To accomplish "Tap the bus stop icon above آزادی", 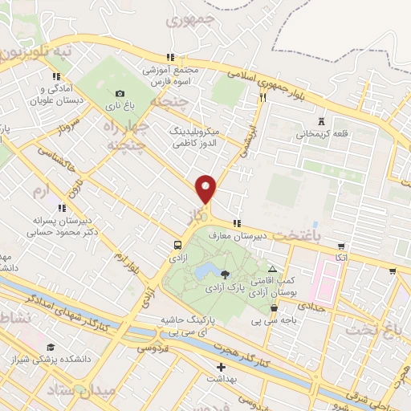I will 177,245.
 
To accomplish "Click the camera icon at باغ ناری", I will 120,93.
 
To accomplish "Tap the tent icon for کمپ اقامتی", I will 273,270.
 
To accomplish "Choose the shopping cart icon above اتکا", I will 341,246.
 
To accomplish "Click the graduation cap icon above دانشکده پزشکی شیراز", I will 51,348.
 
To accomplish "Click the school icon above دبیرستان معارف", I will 236,224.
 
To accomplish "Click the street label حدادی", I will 310,306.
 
